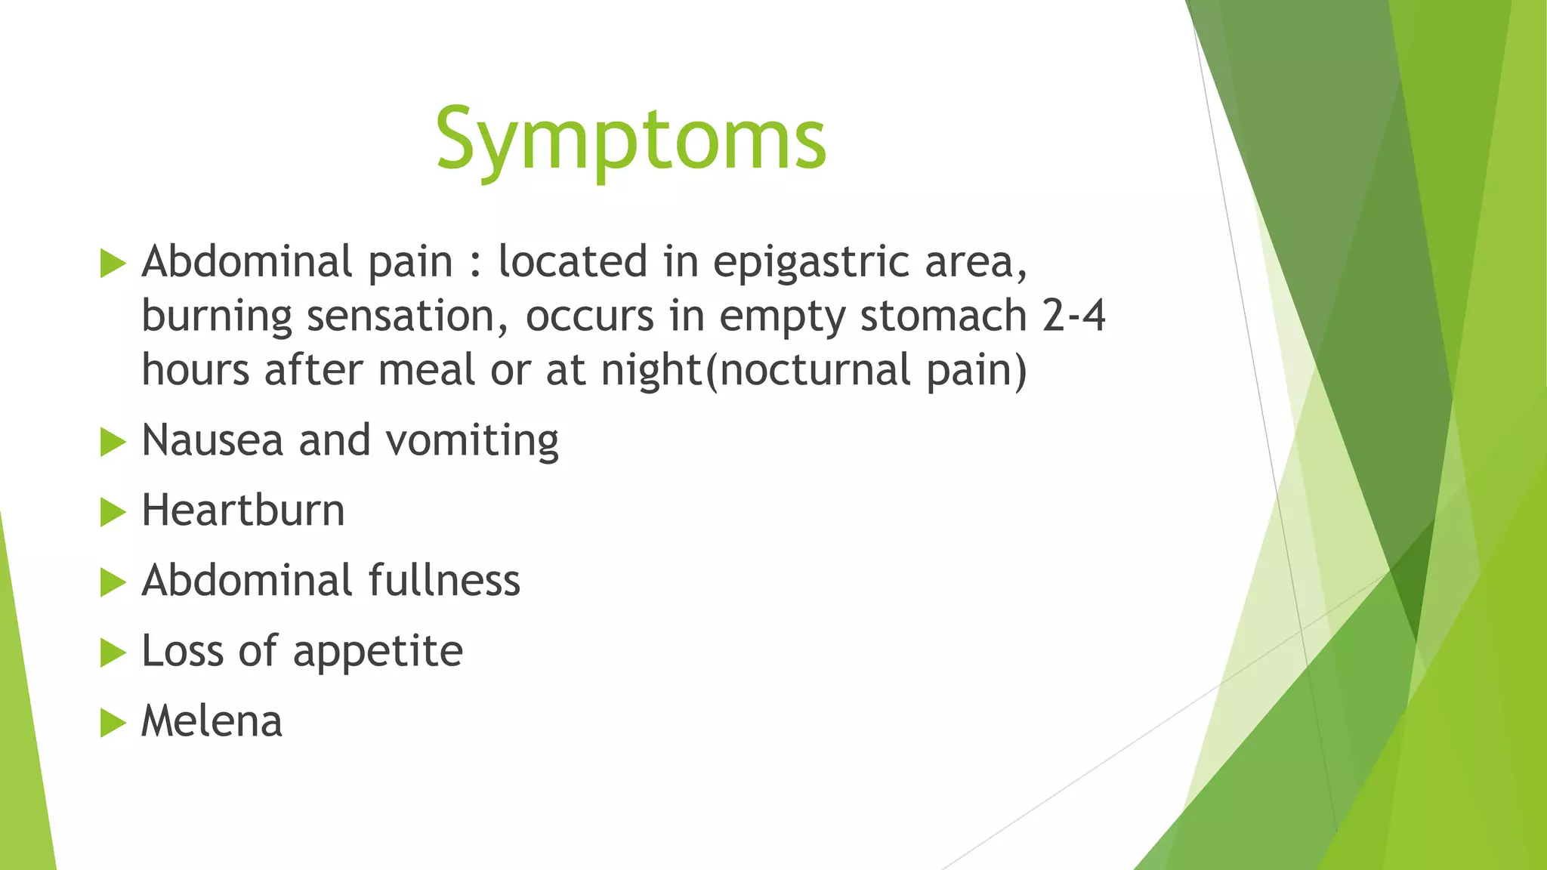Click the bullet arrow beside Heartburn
[112, 512]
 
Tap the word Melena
[212, 721]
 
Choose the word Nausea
[212, 440]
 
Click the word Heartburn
[242, 511]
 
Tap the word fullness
[444, 581]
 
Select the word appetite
[378, 652]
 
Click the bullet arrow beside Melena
[112, 723]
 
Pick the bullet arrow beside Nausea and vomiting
[112, 442]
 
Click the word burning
[216, 317]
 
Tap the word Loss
[183, 651]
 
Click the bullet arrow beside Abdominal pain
[112, 264]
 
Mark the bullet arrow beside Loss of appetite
[112, 652]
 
